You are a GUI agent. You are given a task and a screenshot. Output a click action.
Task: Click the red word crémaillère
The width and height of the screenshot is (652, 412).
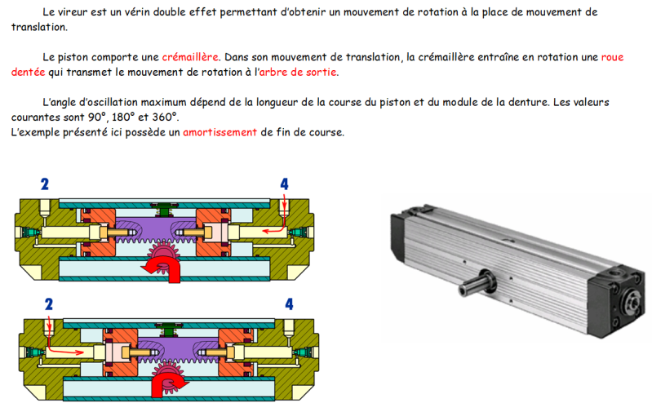190,57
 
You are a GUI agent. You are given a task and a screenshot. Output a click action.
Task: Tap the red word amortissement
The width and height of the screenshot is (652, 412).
220,132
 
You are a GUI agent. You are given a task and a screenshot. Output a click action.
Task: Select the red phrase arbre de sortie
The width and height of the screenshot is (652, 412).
298,72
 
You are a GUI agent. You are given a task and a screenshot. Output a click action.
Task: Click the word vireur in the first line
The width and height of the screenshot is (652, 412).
73,12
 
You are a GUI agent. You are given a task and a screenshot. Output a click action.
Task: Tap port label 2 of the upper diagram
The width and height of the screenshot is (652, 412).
45,184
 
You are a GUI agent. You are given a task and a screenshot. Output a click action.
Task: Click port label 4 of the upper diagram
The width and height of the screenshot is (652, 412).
285,184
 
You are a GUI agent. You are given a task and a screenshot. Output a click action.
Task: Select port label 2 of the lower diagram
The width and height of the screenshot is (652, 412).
49,304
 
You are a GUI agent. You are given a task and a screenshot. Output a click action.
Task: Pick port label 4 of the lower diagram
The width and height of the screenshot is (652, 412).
289,304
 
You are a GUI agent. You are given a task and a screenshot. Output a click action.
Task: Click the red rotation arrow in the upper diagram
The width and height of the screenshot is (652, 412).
162,269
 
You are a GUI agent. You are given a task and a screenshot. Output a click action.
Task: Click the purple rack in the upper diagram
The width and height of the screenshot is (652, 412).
156,229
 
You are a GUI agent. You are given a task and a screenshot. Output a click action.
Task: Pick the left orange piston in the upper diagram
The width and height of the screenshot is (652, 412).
99,232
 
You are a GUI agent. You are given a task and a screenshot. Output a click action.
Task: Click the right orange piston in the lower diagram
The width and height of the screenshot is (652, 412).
235,352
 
